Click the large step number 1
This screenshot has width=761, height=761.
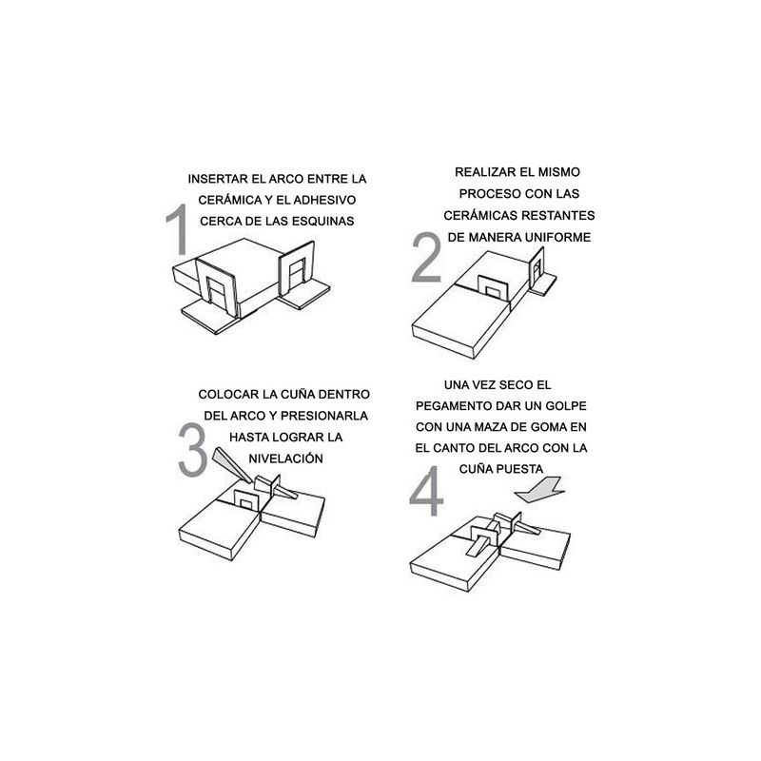[x=178, y=229]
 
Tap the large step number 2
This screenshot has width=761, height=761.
[x=426, y=257]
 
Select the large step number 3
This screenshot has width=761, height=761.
[x=192, y=449]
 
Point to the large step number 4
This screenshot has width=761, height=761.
[x=426, y=491]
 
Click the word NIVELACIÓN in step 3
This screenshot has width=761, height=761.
[x=286, y=459]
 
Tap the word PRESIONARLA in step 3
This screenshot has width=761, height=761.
[x=324, y=416]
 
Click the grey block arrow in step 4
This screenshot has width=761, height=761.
[x=540, y=491]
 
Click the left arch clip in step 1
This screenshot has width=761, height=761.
[x=216, y=288]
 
